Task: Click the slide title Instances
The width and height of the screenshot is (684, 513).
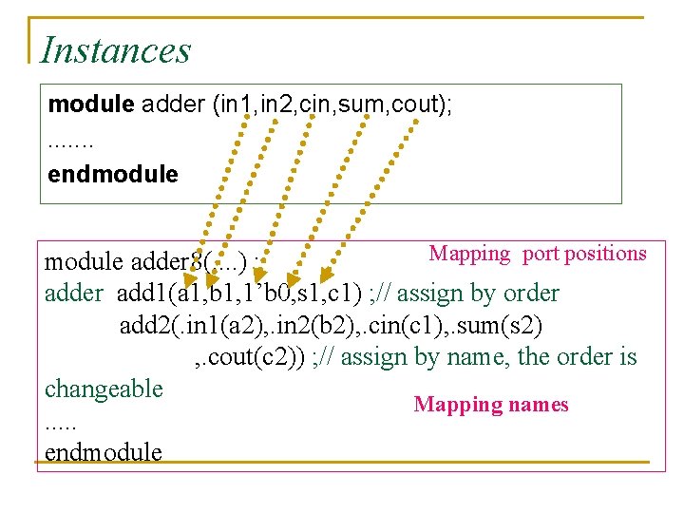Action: point(116,49)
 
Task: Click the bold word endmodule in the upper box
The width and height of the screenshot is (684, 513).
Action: point(112,175)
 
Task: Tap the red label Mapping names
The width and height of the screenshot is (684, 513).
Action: point(490,406)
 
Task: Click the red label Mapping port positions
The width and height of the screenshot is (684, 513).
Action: point(537,254)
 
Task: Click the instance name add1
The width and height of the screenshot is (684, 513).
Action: point(141,294)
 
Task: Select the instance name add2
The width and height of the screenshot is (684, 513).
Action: point(143,325)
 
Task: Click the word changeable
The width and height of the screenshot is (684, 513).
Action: point(104,389)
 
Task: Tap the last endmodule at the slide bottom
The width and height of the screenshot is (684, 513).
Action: point(104,452)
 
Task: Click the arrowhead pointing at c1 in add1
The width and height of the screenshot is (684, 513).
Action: point(326,276)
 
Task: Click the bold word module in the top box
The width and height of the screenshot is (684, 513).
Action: point(91,104)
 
